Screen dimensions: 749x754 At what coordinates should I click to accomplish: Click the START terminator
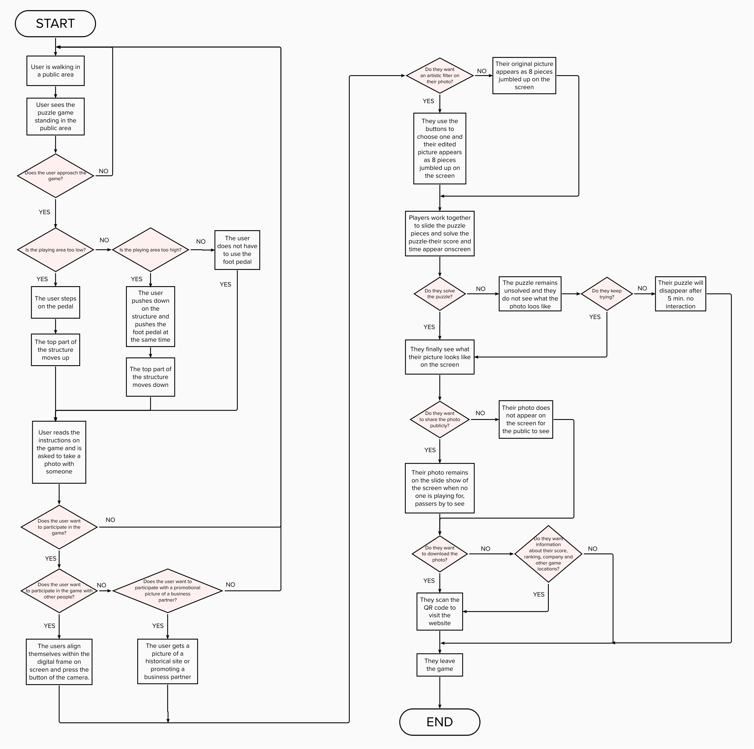click(x=55, y=24)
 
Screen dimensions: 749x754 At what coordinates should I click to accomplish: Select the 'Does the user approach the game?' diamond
click(x=55, y=176)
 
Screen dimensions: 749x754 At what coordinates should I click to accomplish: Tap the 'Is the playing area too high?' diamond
click(x=150, y=250)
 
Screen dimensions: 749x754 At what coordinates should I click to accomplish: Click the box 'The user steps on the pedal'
click(x=55, y=302)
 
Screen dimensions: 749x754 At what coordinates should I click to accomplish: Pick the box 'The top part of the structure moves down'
click(x=150, y=377)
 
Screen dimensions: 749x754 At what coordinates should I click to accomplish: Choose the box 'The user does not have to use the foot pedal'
click(x=237, y=250)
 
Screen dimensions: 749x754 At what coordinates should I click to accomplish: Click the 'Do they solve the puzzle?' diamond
click(x=440, y=294)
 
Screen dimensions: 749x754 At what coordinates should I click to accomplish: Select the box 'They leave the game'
click(x=440, y=665)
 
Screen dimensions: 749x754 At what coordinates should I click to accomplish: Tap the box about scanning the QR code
click(x=440, y=611)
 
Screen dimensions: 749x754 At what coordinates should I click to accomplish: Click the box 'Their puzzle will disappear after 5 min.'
click(x=680, y=294)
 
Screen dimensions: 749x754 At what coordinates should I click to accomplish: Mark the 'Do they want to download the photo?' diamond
click(x=440, y=554)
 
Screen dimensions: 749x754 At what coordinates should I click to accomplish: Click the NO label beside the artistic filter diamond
click(x=482, y=71)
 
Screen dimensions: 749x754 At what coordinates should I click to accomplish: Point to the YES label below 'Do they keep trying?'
click(x=595, y=317)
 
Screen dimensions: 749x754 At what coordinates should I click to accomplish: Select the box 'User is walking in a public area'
click(x=55, y=71)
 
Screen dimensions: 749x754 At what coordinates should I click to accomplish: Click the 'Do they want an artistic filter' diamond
click(x=440, y=75)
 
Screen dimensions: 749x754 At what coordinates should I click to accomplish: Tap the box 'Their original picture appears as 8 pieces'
click(x=524, y=75)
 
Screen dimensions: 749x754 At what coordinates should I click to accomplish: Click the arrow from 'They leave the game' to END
click(x=440, y=692)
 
